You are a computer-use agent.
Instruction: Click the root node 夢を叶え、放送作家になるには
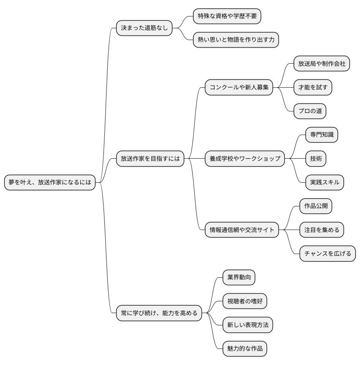pos(50,182)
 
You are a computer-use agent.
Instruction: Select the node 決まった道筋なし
pos(144,28)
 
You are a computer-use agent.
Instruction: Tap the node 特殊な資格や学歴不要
pos(227,16)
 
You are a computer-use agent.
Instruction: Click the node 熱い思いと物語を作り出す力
pos(236,40)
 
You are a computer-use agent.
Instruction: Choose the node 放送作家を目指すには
pos(150,159)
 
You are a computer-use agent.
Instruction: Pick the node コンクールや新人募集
pos(239,87)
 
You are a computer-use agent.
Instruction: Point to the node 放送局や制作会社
pos(322,64)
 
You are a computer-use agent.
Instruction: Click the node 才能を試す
pos(313,87)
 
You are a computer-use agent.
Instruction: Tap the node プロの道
pos(310,111)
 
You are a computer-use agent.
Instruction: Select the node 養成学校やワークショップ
pos(245,159)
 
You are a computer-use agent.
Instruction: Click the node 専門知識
pos(322,135)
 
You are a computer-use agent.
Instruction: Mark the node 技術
pos(316,159)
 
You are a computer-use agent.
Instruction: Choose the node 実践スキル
pos(325,182)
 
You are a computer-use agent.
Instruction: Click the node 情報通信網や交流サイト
pos(242,230)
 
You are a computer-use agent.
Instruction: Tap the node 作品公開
pos(316,206)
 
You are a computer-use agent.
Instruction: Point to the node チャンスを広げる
pos(327,254)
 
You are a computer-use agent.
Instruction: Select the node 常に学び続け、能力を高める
pos(159,313)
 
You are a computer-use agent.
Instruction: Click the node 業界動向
pos(239,278)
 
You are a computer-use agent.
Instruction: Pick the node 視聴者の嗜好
pos(245,301)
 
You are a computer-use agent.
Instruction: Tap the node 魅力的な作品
pos(245,349)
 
